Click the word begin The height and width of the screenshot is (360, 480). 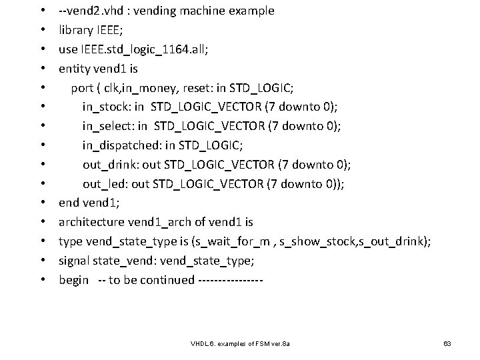(x=74, y=279)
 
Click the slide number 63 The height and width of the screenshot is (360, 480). (x=447, y=343)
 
